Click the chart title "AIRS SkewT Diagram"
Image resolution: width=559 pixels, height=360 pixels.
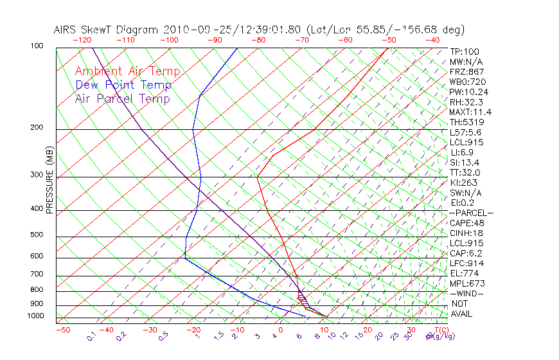point(107,30)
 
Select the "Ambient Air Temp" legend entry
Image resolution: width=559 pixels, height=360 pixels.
point(127,71)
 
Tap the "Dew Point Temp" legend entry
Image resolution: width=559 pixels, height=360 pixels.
point(123,85)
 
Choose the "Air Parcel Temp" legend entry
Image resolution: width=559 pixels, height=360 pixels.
point(122,98)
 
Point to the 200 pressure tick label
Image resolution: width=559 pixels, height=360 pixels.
point(37,128)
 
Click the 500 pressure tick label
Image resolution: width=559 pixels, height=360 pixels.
point(37,235)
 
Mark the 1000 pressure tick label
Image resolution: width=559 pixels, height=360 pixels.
point(35,316)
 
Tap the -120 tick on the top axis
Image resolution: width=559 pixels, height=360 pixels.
point(82,40)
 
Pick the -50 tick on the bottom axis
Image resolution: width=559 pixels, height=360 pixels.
point(62,330)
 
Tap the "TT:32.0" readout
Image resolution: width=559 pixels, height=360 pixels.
point(465,172)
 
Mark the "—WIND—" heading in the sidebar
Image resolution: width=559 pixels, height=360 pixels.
point(466,293)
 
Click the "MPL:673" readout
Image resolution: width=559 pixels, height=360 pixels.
point(467,283)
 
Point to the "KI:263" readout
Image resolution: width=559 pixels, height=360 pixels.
point(464,183)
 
